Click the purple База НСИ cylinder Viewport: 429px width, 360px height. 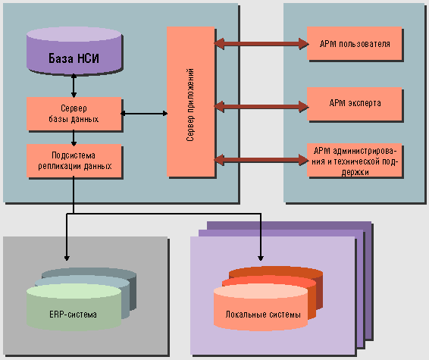pos(74,51)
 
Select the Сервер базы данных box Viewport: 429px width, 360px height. pos(74,114)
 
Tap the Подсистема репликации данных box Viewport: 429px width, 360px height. pos(74,161)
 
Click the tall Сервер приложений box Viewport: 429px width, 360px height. pos(191,102)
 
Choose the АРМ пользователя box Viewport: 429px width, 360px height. pos(354,43)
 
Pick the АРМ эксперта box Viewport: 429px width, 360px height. pos(354,104)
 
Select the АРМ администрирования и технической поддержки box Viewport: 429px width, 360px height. pos(354,160)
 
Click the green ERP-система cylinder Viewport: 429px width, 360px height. pos(74,307)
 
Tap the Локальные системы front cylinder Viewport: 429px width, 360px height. pos(261,307)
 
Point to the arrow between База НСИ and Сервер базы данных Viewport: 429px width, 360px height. pos(74,86)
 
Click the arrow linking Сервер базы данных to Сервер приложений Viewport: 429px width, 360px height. pos(144,113)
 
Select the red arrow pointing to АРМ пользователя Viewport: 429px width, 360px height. pos(261,44)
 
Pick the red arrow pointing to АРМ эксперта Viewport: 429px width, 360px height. pos(261,106)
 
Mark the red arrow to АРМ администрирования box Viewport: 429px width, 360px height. pos(261,160)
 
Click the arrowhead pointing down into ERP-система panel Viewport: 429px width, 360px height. pos(67,258)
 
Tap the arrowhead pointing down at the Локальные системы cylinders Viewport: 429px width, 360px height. pos(261,258)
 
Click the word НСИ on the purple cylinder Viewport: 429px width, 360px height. pos(88,58)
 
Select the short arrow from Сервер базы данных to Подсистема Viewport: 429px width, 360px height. pos(74,138)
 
